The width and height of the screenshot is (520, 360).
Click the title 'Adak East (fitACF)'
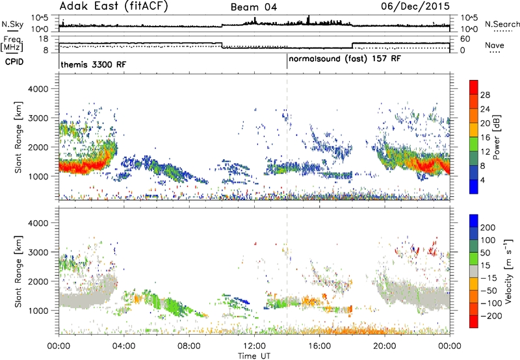tap(114, 6)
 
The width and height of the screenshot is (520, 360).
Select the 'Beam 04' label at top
tap(253, 7)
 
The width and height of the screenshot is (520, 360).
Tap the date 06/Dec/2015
tap(415, 6)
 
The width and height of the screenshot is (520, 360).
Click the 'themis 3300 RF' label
tap(94, 64)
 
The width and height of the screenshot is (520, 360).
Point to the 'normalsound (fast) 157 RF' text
tap(345, 59)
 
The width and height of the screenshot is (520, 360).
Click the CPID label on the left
tap(14, 62)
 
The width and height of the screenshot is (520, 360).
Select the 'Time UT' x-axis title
tap(254, 356)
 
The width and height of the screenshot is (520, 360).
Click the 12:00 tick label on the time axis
tap(254, 346)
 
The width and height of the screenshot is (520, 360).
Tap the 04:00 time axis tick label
tap(124, 346)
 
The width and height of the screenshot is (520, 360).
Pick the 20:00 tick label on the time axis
tap(385, 346)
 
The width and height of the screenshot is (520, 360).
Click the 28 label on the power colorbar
tap(485, 95)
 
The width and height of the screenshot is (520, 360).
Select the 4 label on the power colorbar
tap(482, 181)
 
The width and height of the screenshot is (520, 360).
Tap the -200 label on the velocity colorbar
tap(491, 316)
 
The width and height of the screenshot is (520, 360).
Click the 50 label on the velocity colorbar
tap(485, 253)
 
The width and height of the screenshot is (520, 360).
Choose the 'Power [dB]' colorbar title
tap(497, 137)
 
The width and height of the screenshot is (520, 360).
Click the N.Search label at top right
tap(502, 24)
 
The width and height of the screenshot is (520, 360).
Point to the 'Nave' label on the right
tap(495, 45)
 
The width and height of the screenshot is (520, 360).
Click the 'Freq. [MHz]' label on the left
tap(12, 44)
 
